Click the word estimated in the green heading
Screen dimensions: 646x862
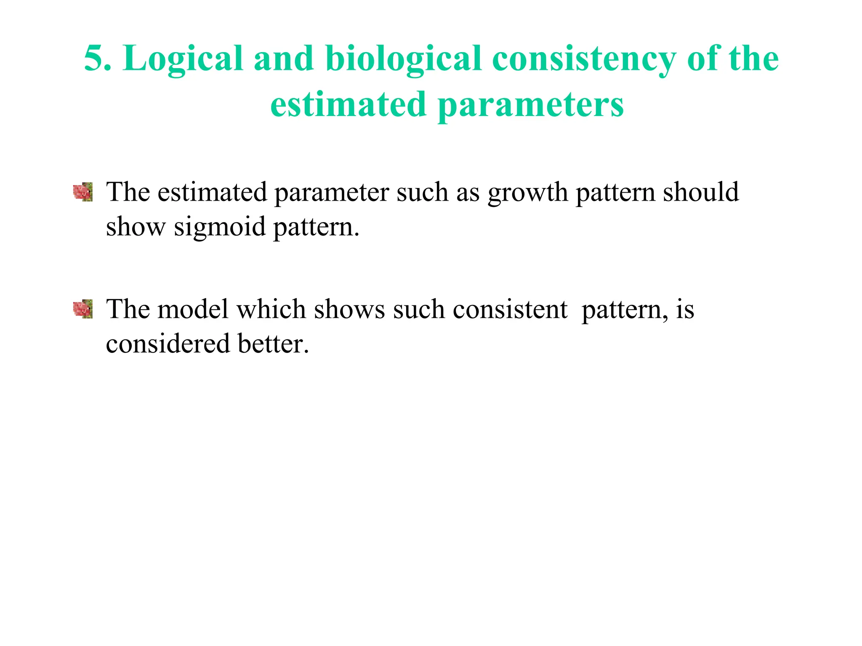[x=348, y=105]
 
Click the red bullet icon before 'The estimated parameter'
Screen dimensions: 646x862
[x=83, y=192]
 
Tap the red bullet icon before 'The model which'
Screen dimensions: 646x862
[x=83, y=309]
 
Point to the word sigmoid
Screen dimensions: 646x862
[x=220, y=227]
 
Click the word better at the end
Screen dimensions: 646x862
[x=273, y=344]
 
